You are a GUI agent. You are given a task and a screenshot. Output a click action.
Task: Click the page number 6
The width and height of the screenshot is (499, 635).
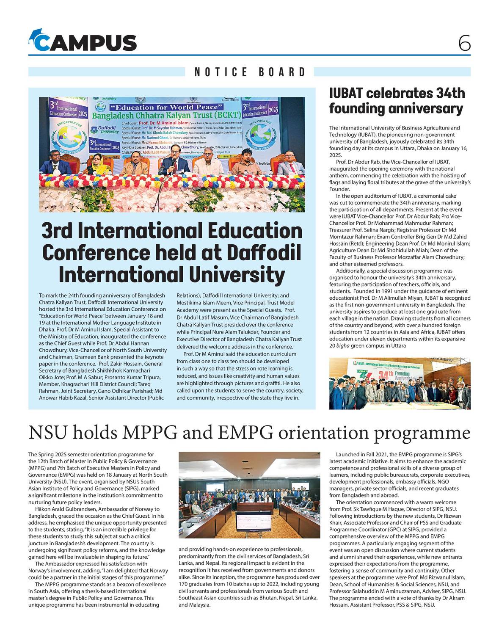click(x=464, y=43)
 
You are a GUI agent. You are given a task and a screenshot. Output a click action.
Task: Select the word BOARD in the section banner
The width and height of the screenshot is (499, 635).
click(x=282, y=72)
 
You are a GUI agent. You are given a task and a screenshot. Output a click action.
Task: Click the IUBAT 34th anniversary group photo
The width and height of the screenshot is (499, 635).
click(x=400, y=384)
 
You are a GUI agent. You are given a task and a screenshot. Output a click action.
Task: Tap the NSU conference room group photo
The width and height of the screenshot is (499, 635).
click(x=249, y=494)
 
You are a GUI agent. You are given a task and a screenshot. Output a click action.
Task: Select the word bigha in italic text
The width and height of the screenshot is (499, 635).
click(x=343, y=346)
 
